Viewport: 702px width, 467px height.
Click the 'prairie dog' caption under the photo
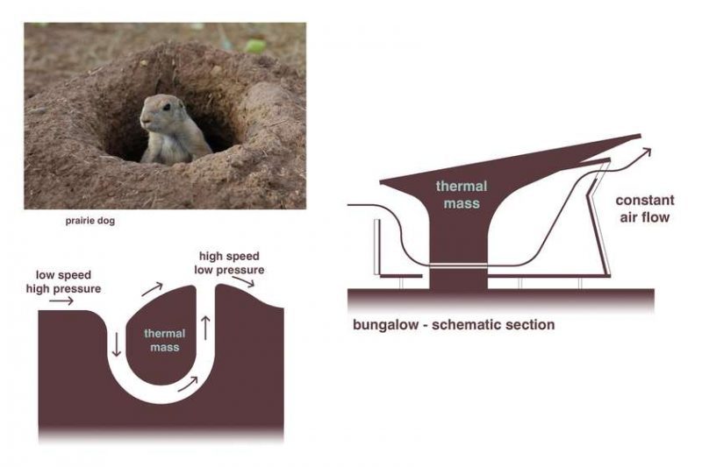[91, 222]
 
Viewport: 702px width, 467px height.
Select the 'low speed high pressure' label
[68, 281]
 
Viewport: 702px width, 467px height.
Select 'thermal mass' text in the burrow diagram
[164, 340]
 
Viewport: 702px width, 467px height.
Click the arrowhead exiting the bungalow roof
[648, 152]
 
